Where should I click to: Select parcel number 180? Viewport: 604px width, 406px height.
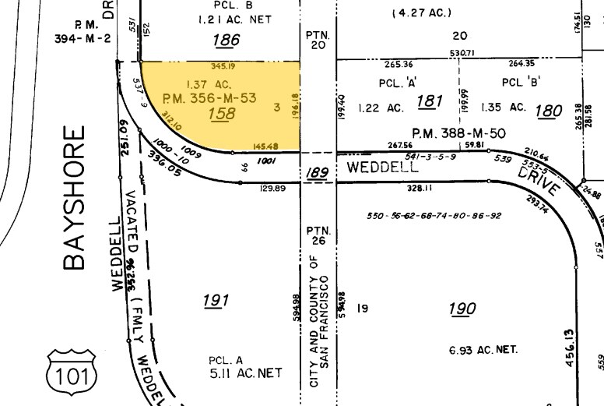549,111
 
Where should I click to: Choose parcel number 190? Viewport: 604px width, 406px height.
462,309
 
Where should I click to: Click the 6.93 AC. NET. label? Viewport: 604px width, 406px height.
483,351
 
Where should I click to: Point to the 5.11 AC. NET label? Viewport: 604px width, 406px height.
244,373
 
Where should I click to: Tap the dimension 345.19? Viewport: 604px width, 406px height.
223,67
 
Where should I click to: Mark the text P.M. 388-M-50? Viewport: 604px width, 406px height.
459,133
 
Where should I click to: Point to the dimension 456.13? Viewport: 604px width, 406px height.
571,347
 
